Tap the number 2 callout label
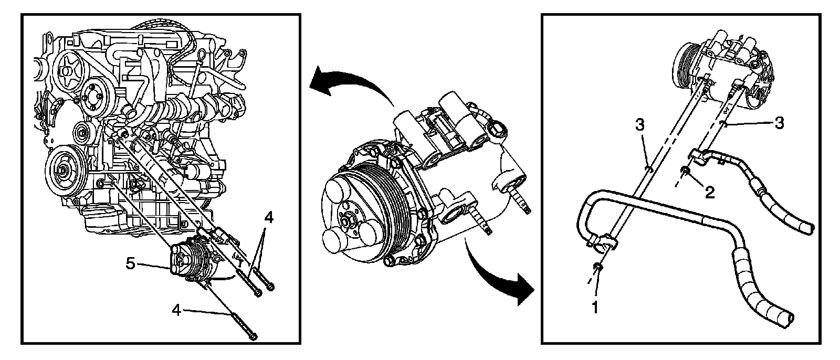(x=709, y=193)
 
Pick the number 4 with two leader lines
(x=268, y=217)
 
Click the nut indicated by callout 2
(x=686, y=171)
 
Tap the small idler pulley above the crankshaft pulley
(x=82, y=136)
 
